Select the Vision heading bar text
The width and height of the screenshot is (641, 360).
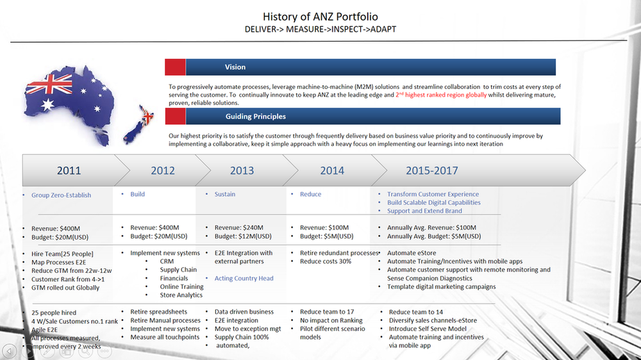235,67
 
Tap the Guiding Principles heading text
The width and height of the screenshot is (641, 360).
256,117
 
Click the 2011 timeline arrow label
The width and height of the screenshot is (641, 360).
69,170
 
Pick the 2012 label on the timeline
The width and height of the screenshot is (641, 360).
163,170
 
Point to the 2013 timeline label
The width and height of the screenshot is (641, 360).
242,170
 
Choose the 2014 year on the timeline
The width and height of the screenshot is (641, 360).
332,170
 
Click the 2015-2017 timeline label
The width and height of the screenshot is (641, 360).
431,170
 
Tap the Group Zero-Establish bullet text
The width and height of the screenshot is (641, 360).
61,195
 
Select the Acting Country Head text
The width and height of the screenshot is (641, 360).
244,279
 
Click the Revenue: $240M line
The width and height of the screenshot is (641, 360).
238,227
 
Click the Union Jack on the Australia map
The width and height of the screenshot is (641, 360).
54,84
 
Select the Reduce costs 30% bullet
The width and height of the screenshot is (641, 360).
326,261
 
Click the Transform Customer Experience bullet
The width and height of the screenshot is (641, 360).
433,194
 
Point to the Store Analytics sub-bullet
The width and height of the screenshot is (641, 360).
181,295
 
